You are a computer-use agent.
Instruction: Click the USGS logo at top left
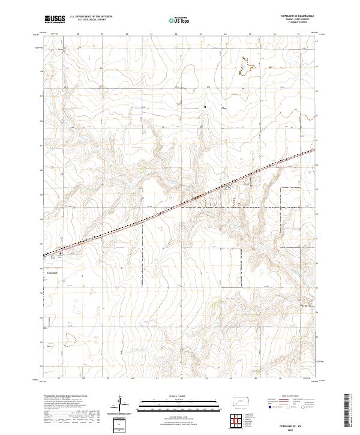pyautogui.click(x=55, y=19)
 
